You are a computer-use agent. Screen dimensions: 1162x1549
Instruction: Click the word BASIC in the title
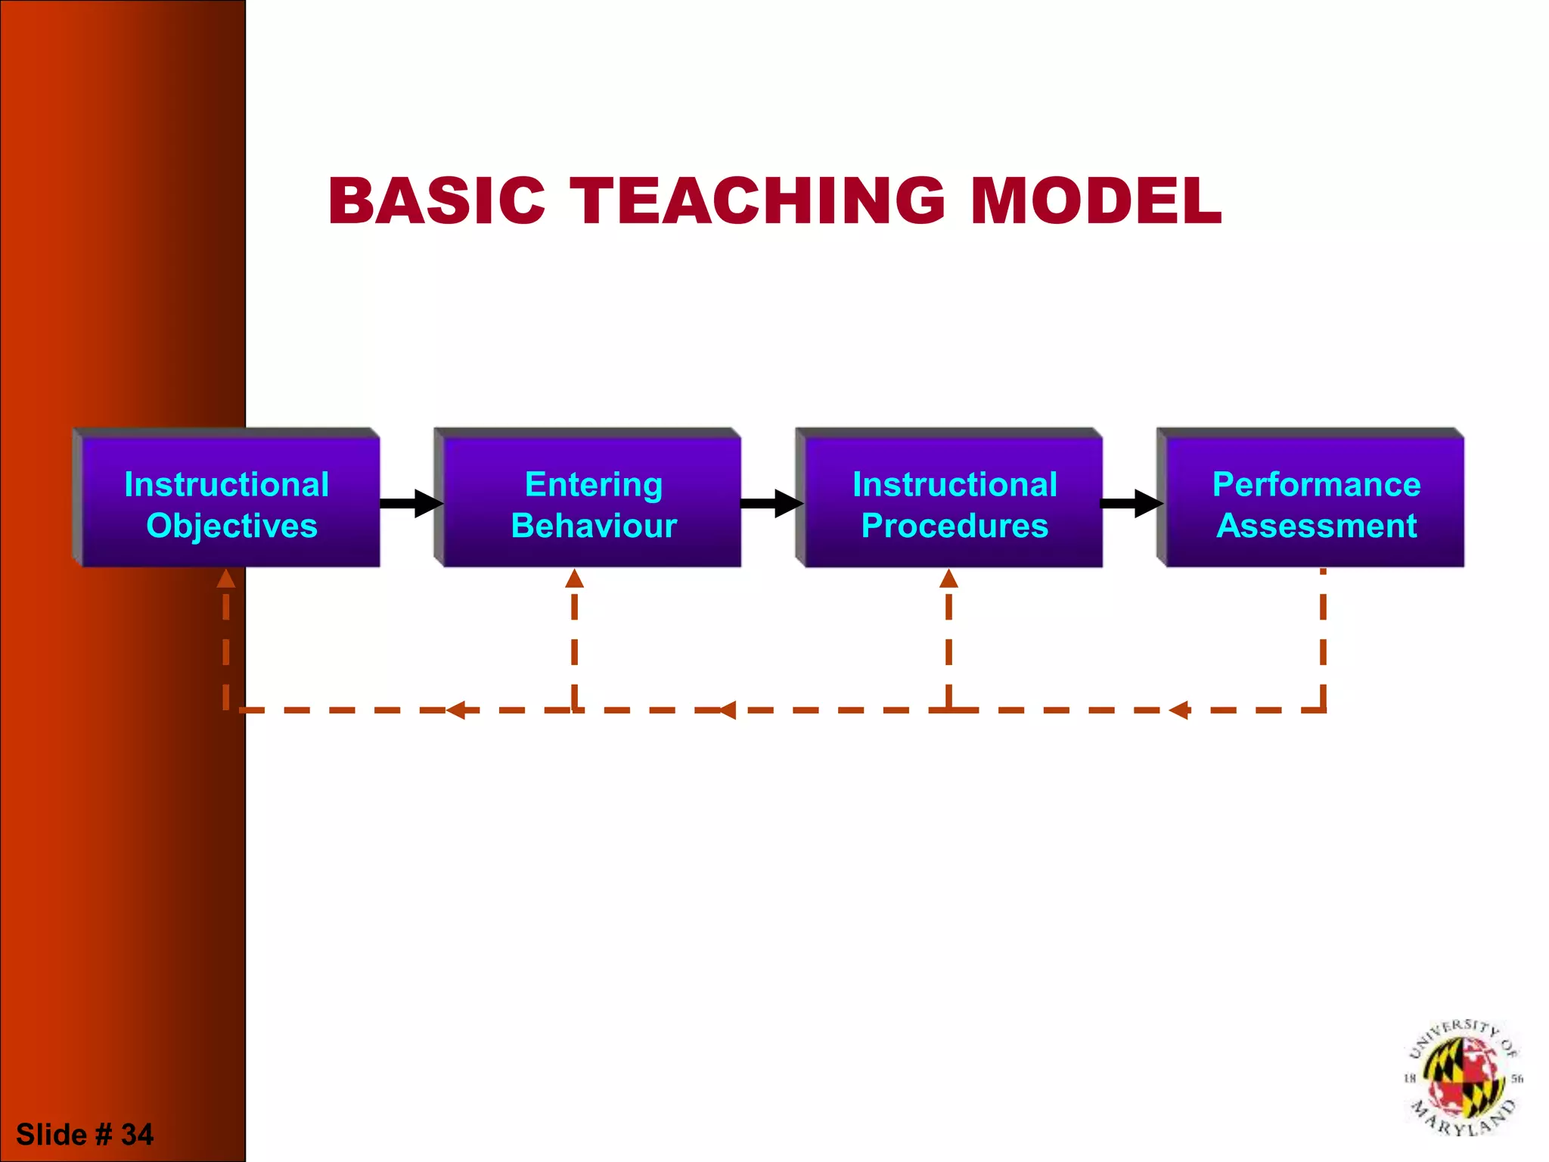coord(436,200)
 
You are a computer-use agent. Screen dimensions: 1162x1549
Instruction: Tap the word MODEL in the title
coord(1095,200)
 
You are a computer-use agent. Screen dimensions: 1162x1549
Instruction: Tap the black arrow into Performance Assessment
coord(1131,504)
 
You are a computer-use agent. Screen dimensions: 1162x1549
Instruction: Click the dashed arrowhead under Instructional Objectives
coord(225,579)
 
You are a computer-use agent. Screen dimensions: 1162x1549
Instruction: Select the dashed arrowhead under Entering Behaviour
coord(575,579)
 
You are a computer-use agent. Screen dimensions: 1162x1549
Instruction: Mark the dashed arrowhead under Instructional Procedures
coord(948,579)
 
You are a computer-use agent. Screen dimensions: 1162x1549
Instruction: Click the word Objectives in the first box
coord(231,526)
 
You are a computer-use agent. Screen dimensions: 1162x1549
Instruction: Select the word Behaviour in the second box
coord(594,526)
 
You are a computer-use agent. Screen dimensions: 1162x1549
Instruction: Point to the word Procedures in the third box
coord(955,526)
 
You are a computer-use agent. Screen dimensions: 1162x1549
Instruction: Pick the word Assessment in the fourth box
coord(1316,526)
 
